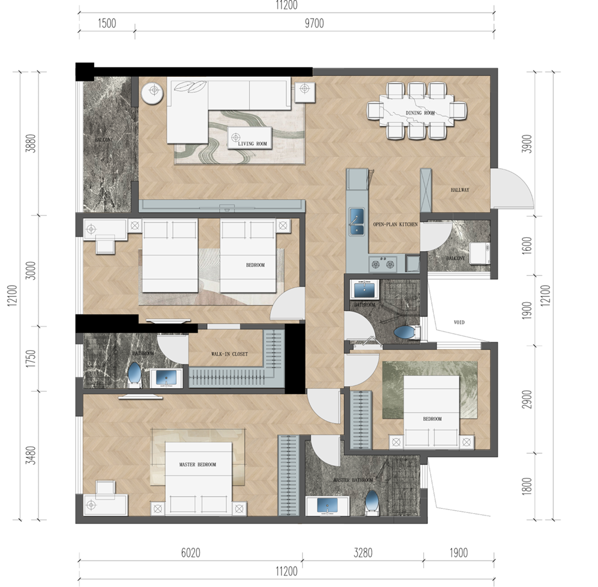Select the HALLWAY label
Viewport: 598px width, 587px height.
click(x=460, y=190)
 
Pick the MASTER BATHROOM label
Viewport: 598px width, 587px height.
click(x=353, y=480)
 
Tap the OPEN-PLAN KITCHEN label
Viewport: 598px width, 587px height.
click(x=395, y=224)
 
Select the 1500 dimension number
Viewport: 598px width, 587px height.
click(x=107, y=23)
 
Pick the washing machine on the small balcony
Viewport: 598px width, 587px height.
click(x=479, y=253)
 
